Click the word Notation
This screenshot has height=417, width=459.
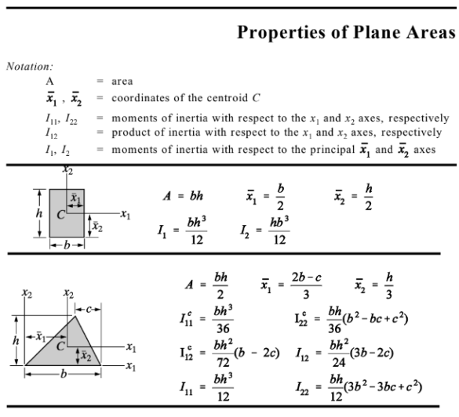click(27, 67)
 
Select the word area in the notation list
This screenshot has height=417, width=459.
click(122, 81)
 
